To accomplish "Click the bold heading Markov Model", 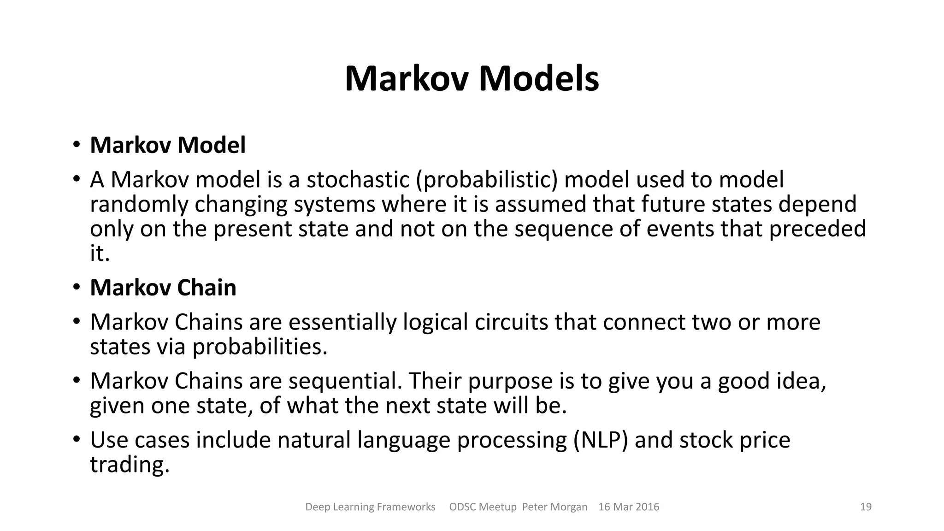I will click(168, 145).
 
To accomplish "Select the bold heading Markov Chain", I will click(163, 288).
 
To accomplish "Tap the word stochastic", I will click(358, 179).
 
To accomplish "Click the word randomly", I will click(139, 204).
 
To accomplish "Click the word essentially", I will click(342, 322).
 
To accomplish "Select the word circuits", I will click(511, 322).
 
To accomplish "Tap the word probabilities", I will click(260, 347).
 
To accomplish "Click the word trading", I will click(130, 465).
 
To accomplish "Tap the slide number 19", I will click(866, 507).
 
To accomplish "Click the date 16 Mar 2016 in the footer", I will click(629, 507).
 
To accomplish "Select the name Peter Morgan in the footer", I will click(555, 507).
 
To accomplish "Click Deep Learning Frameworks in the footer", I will click(370, 507).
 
